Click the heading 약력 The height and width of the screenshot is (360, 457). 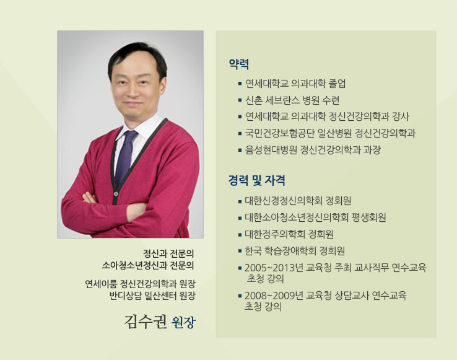tap(238, 64)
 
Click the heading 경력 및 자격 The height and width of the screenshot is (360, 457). tap(257, 180)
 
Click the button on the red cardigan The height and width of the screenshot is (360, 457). tap(116, 194)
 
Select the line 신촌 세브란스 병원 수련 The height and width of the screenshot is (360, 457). tap(292, 100)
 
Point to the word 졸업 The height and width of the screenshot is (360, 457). tap(337, 84)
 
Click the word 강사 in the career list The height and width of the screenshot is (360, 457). tap(401, 116)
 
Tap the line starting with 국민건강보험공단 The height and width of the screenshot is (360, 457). tap(330, 133)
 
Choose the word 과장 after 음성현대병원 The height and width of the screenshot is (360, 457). tap(372, 150)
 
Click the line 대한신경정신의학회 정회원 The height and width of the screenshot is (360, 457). tap(298, 201)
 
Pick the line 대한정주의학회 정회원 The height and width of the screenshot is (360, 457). tap(289, 234)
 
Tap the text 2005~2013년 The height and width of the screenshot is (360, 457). tap(274, 268)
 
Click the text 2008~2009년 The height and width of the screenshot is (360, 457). tap(274, 296)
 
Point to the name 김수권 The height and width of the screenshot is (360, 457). tap(146, 322)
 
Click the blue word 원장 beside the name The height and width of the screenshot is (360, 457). tap(183, 322)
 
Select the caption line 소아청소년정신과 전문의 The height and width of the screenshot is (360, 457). tap(148, 265)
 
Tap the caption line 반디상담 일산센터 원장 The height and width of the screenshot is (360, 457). tap(152, 296)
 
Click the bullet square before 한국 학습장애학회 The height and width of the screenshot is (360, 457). tap(240, 251)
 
